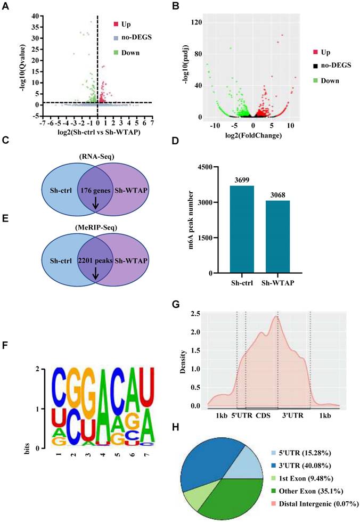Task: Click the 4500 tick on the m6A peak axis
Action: click(204, 167)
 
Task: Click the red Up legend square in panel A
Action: click(116, 25)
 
